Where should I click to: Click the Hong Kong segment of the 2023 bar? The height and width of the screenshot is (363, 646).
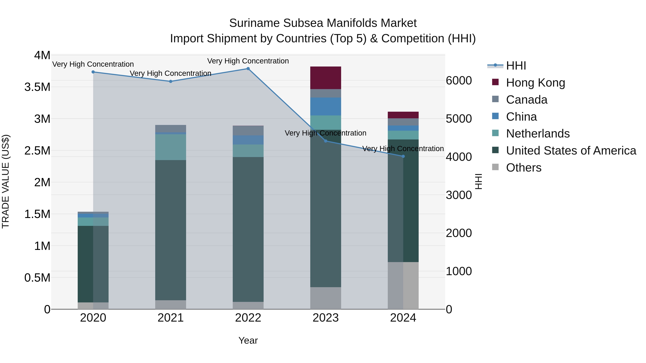(326, 78)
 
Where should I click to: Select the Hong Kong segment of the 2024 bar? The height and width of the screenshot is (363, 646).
(403, 115)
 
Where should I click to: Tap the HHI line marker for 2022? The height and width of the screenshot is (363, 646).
(248, 68)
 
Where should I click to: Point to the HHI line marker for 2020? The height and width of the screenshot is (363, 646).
(93, 72)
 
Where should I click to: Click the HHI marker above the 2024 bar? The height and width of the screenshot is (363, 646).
(403, 156)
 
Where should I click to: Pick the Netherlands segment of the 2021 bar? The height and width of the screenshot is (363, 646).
(170, 147)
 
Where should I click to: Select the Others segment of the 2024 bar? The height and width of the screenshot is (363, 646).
(403, 285)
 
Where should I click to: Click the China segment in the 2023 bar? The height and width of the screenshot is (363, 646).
(326, 106)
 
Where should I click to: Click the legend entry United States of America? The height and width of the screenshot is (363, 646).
(571, 151)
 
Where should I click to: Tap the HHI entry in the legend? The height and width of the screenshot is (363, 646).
(516, 66)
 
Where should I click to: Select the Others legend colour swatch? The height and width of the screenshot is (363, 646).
(495, 167)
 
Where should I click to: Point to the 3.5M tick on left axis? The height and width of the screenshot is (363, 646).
(37, 87)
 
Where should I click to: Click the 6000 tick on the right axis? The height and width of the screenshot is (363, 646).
(459, 80)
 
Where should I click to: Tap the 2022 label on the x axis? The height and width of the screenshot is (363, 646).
(248, 318)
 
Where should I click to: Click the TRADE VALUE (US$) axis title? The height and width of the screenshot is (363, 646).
(6, 181)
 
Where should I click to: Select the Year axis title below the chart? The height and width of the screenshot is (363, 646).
(248, 340)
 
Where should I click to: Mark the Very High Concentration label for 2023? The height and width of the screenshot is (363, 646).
(326, 133)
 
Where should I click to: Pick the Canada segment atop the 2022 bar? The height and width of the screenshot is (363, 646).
(248, 131)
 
